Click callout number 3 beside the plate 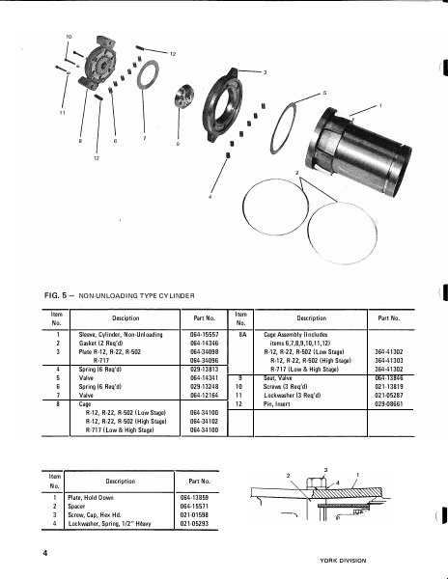point(266,72)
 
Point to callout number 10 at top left point(68,37)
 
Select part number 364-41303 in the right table point(388,360)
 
